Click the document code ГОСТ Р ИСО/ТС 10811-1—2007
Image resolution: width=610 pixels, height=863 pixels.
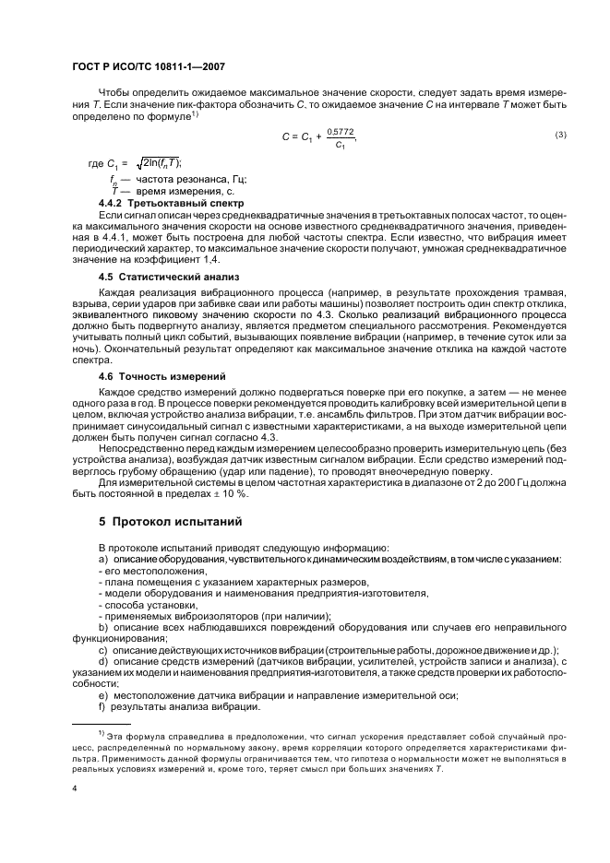(x=148, y=67)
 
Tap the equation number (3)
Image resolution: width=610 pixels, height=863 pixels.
(x=560, y=136)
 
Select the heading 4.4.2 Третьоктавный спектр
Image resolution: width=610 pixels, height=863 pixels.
(x=171, y=202)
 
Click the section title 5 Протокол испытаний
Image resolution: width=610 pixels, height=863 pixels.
(x=171, y=521)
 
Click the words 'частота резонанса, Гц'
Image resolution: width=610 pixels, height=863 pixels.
(x=191, y=178)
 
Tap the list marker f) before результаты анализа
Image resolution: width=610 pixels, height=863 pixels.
(x=102, y=707)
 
